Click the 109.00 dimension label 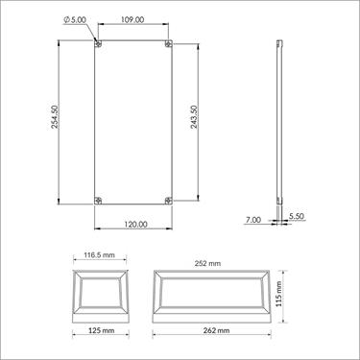pyautogui.click(x=133, y=19)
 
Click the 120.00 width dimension pyautogui.click(x=134, y=224)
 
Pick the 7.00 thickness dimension pyautogui.click(x=253, y=220)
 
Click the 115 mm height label pyautogui.click(x=280, y=294)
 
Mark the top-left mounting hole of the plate pyautogui.click(x=99, y=44)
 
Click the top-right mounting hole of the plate pyautogui.click(x=169, y=44)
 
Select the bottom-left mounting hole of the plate pyautogui.click(x=99, y=200)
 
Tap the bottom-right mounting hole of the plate pyautogui.click(x=169, y=200)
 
